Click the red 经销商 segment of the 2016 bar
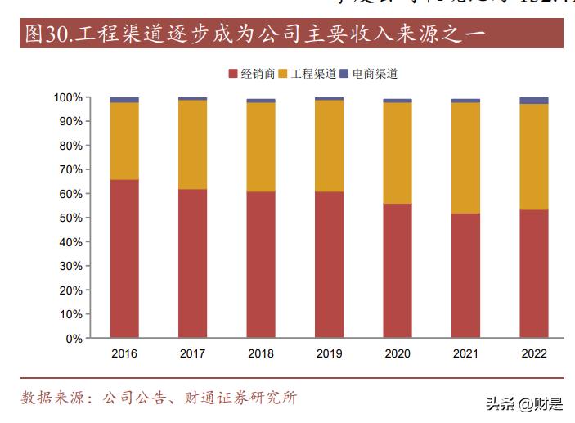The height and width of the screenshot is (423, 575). pos(124,259)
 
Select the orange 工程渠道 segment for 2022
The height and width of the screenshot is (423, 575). pos(534,156)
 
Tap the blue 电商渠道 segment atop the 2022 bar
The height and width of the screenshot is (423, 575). pos(534,101)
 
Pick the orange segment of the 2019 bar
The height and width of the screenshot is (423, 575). pos(329,146)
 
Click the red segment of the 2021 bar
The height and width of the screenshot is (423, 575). pos(465,276)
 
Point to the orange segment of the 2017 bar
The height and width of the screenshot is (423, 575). pos(192,144)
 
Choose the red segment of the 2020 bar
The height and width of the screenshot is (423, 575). pos(398,271)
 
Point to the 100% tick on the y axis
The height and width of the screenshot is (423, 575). pos(68,97)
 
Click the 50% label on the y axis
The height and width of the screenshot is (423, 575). pos(71,218)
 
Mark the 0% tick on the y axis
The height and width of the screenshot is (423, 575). pos(74,338)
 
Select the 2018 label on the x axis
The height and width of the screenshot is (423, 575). pos(260,353)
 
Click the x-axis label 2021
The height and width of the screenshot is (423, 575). pos(465,353)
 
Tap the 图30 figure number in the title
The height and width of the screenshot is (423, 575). pos(45,34)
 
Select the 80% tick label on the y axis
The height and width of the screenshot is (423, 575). pos(71,146)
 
